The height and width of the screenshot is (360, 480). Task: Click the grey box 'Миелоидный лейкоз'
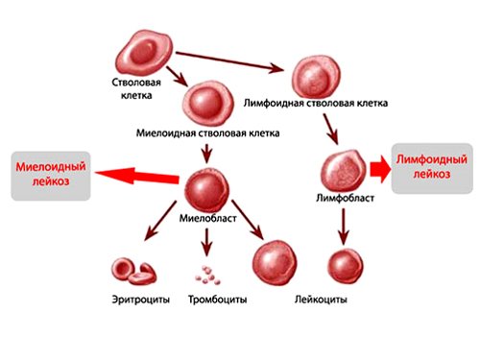50,175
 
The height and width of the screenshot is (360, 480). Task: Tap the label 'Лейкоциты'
321,300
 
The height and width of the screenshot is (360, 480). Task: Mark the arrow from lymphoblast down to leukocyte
343,228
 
